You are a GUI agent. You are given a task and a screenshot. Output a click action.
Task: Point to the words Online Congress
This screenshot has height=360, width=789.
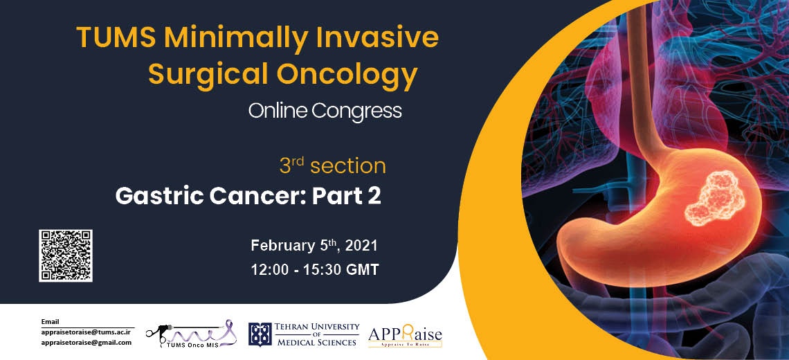coord(325,111)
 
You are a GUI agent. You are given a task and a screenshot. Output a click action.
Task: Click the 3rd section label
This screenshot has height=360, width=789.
coord(333,166)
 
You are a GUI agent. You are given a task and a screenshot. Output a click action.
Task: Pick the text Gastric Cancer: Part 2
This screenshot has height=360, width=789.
coord(248,196)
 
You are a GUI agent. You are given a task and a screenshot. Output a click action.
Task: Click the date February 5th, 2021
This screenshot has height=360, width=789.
coord(314,246)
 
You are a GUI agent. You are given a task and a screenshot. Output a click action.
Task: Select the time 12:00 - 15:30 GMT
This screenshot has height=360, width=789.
coord(314,270)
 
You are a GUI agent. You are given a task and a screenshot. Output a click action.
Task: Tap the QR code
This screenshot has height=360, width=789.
coord(66,255)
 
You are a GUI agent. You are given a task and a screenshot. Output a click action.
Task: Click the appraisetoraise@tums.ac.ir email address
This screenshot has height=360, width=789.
coord(87,332)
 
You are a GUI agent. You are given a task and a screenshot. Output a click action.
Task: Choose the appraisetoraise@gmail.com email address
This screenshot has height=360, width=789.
coord(87,343)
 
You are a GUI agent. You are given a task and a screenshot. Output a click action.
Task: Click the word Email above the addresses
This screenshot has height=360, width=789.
coord(50,322)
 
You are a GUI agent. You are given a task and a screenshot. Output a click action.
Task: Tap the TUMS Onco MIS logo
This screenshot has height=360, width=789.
coord(191,333)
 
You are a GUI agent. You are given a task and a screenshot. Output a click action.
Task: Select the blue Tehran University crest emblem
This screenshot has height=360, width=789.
coord(260,334)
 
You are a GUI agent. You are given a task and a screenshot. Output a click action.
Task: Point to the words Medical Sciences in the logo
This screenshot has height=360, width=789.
coord(316,342)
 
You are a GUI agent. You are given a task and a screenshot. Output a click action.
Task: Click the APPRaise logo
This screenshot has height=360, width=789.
coord(405,335)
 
